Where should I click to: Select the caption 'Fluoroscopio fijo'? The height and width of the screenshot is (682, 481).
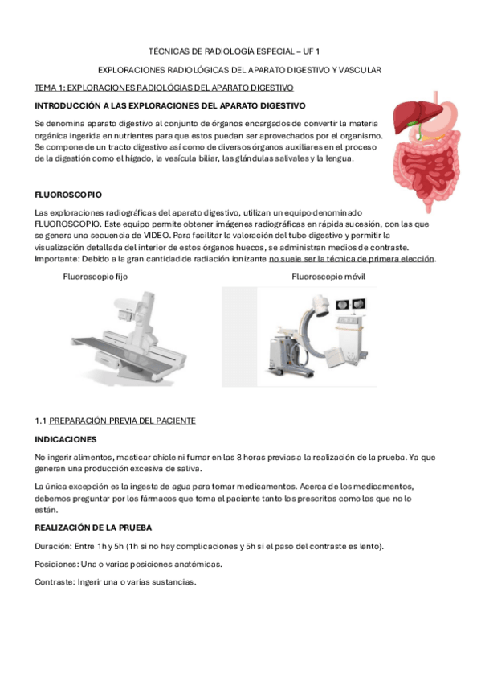[x=95, y=277]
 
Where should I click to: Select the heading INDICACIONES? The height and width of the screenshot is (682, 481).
[x=65, y=439]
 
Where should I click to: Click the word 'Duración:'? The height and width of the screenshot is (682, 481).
[x=55, y=547]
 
